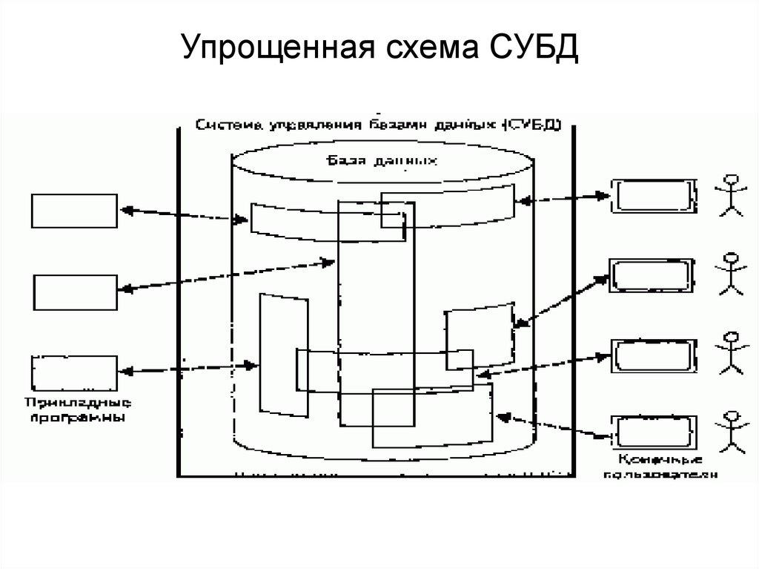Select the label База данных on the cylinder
point(382,159)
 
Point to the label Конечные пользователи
point(660,467)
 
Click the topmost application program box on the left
point(74,211)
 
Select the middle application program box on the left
point(74,292)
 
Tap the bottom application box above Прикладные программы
point(74,372)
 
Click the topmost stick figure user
point(730,194)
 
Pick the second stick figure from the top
point(730,275)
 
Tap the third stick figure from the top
point(730,352)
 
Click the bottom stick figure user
point(730,430)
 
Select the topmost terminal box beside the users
point(652,196)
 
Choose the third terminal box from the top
point(652,357)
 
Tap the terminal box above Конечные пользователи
point(652,432)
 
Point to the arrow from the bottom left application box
point(188,367)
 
